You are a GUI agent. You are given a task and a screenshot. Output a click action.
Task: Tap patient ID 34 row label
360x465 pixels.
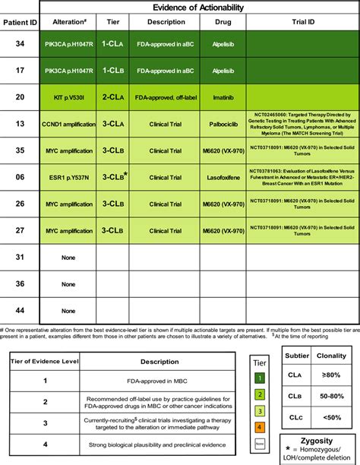[x=20, y=45]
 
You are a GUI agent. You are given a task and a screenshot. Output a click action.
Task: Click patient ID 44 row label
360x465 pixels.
[x=20, y=310]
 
